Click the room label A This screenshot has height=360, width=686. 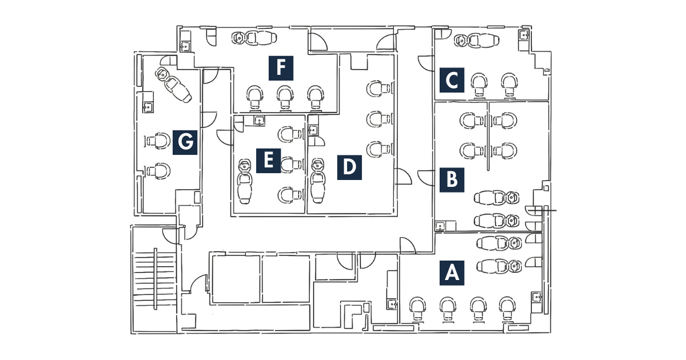point(452,273)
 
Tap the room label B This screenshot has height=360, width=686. point(452,179)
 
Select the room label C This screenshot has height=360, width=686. point(452,80)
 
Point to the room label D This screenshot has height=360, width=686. point(349,167)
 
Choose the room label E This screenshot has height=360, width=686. point(268,161)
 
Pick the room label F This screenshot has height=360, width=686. point(281,68)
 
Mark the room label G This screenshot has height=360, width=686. point(185,142)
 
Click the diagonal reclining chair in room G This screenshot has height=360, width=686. point(173,85)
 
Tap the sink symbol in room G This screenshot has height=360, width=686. point(148,107)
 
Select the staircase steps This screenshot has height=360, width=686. point(155,279)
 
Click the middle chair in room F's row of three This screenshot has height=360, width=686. point(285,98)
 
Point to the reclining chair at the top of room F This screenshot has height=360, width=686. point(254,38)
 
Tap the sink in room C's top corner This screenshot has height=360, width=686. point(524,35)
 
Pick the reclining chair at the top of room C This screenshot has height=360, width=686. point(477,41)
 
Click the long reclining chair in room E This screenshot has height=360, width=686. point(245,182)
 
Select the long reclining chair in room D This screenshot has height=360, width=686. point(318,181)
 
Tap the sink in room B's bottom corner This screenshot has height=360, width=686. point(440,226)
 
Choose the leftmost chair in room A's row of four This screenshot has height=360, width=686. point(417,309)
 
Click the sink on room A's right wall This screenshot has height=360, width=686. point(537,297)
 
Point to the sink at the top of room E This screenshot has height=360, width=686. point(260,121)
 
